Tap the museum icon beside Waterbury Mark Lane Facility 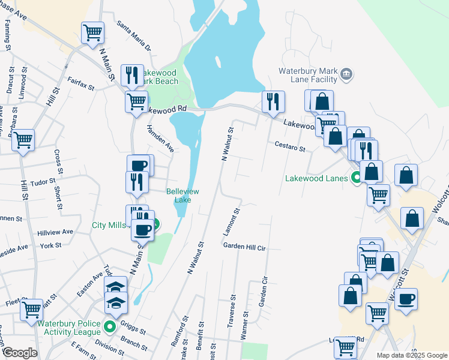pos(346,74)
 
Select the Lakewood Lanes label pos(316,178)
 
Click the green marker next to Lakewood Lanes pos(356,178)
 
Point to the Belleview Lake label pos(182,195)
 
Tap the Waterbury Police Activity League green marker pos(109,327)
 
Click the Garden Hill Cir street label pos(244,247)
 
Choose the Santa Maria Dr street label pos(134,35)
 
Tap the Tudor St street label pos(43,181)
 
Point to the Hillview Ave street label pos(55,232)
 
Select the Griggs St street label pos(133,328)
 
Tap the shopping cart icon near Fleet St pos(31,309)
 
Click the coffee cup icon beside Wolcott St pos(405,298)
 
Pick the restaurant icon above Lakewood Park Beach pos(132,74)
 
